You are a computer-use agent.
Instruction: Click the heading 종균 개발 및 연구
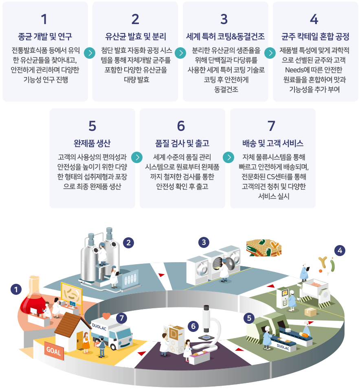click(45, 37)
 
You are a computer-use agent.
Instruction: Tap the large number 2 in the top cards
click(135, 19)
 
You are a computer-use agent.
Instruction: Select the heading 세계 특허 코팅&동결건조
click(225, 37)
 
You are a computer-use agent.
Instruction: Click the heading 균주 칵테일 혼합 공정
click(315, 37)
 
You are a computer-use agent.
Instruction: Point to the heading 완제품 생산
click(92, 144)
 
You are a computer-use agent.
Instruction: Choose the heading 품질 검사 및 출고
click(182, 144)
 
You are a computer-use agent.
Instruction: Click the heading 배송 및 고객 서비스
click(272, 144)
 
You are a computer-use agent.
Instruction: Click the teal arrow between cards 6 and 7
click(229, 157)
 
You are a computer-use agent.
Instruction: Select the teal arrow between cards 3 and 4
click(270, 53)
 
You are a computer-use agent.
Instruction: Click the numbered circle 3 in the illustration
click(204, 242)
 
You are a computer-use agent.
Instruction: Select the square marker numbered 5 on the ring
click(249, 318)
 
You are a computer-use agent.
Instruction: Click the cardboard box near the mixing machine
click(310, 312)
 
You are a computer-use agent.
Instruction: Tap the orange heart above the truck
click(106, 316)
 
